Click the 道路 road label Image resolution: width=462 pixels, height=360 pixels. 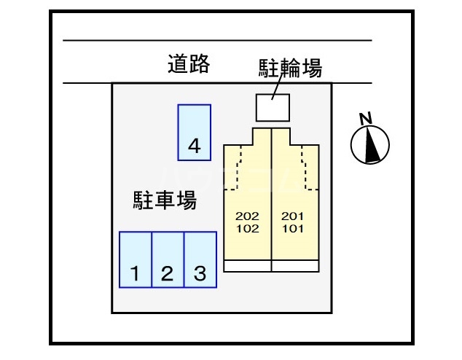pos(188,65)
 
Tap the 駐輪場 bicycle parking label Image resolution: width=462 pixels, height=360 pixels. pos(291,69)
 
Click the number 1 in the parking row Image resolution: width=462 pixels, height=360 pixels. pos(135,275)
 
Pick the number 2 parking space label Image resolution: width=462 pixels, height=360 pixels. pos(167,275)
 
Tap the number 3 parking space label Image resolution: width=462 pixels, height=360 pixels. pos(200,275)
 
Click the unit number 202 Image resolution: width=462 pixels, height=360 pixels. pos(248,216)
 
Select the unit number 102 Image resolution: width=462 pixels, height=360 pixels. pos(248,227)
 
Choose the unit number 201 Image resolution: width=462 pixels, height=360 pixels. pos(293,216)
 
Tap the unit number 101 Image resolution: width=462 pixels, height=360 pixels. pos(293,227)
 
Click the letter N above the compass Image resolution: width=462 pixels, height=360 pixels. pos(367,118)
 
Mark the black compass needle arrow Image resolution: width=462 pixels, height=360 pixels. pos(372,144)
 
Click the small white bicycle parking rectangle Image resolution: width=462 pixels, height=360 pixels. pos(272,107)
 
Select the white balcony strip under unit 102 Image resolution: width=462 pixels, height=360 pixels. pos(247,266)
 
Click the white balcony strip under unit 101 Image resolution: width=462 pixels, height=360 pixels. pos(294,266)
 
